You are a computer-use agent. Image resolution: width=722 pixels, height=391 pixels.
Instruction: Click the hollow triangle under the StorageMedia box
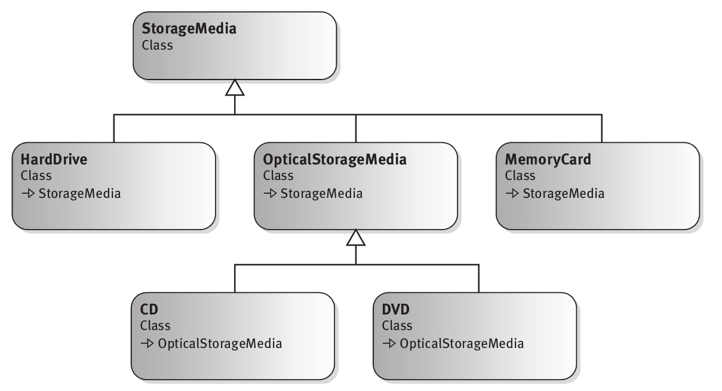pos(235,88)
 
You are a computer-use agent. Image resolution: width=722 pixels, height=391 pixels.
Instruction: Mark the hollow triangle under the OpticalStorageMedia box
pos(356,239)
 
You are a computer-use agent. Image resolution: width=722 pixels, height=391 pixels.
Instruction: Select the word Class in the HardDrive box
pos(36,176)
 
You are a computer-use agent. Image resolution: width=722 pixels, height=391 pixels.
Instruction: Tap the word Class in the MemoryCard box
pos(520,176)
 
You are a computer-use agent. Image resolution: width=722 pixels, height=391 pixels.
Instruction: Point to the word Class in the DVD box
pos(397,326)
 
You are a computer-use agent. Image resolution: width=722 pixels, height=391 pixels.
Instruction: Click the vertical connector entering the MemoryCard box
pos(601,128)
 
